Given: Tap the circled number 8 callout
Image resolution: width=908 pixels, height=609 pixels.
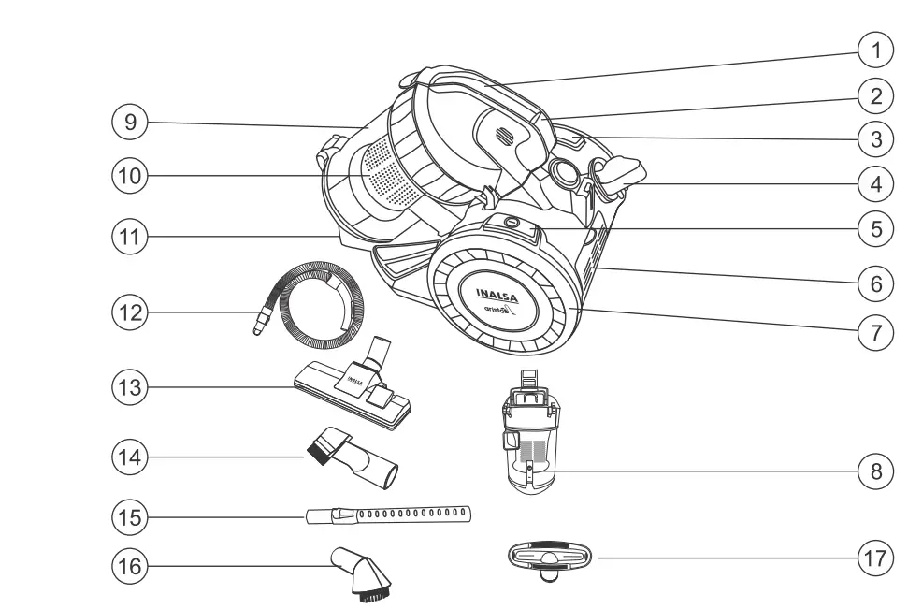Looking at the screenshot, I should pos(874,471).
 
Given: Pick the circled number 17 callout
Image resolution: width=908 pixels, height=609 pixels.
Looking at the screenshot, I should pos(874,557).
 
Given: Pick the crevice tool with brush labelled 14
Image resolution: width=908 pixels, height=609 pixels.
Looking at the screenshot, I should pos(353,458).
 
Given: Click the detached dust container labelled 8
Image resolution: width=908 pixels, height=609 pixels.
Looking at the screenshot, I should pos(529,435).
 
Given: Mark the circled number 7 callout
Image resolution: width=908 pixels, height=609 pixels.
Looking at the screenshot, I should pos(874,332).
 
